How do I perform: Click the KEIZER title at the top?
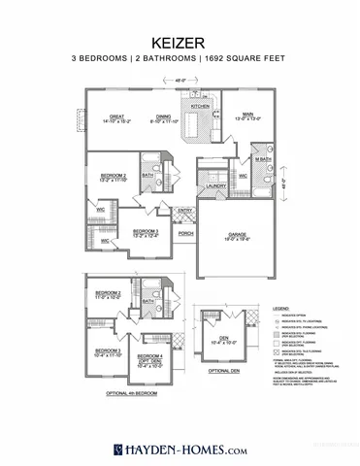180,43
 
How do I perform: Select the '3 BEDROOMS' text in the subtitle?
102,60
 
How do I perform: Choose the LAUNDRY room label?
215,184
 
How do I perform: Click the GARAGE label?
237,234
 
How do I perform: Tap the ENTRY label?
185,211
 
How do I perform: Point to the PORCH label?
185,234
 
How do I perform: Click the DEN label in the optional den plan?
223,339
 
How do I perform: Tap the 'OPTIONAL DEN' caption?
223,372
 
